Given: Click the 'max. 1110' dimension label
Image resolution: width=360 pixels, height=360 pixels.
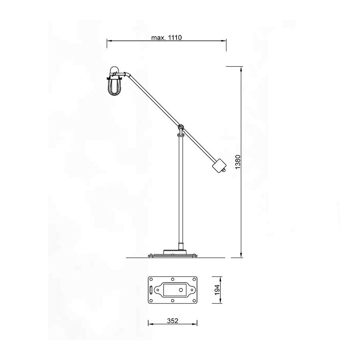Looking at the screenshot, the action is point(166,38).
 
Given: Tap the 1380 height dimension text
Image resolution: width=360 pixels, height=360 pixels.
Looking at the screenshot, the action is point(238,162).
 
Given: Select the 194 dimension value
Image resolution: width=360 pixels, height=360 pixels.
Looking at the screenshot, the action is point(217,290).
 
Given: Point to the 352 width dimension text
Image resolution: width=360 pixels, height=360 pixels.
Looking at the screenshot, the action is point(172,321).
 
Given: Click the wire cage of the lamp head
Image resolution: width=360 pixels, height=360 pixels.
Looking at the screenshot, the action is point(114,87).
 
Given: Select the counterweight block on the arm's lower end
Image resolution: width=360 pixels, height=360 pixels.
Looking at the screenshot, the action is point(219,165).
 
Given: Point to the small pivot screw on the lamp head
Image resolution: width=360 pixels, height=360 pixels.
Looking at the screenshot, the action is point(114,74).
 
